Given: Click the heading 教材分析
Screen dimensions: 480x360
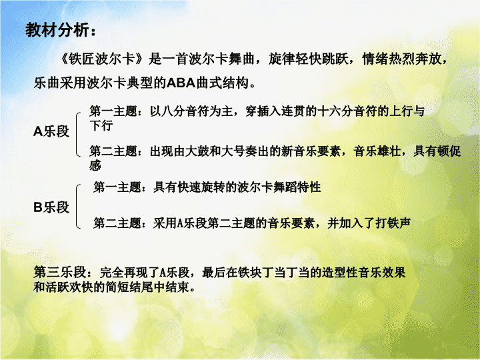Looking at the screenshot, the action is [x=57, y=30].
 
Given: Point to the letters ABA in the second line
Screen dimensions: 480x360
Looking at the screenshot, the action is [x=181, y=83].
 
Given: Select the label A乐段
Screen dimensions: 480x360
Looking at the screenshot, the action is [x=51, y=131].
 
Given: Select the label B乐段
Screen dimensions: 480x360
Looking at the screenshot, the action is [x=51, y=207].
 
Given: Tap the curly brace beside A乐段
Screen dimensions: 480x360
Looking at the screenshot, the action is [x=77, y=135].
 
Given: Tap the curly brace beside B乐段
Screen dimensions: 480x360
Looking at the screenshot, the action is [x=77, y=206].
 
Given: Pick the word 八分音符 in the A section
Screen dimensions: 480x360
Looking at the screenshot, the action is [x=185, y=111].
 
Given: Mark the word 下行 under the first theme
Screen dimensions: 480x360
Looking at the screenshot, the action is [x=101, y=125].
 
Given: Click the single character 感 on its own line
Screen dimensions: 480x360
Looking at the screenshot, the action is [x=95, y=165].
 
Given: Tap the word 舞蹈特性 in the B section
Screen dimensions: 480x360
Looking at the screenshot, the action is [x=297, y=187].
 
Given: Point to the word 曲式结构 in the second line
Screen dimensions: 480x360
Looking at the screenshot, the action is [x=222, y=83].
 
